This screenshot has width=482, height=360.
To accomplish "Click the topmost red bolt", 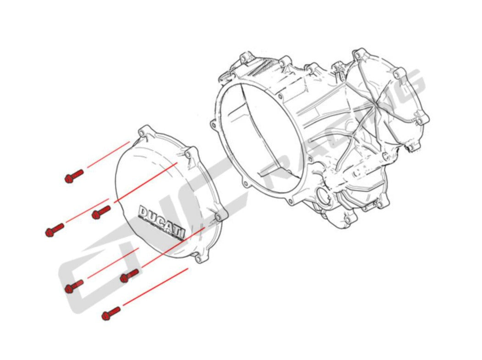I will click(x=74, y=176).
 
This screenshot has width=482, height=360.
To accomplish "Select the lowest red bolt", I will click(x=111, y=313).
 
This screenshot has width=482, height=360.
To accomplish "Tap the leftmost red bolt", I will click(x=54, y=230).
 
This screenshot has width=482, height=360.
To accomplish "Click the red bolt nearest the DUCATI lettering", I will click(x=101, y=212).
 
